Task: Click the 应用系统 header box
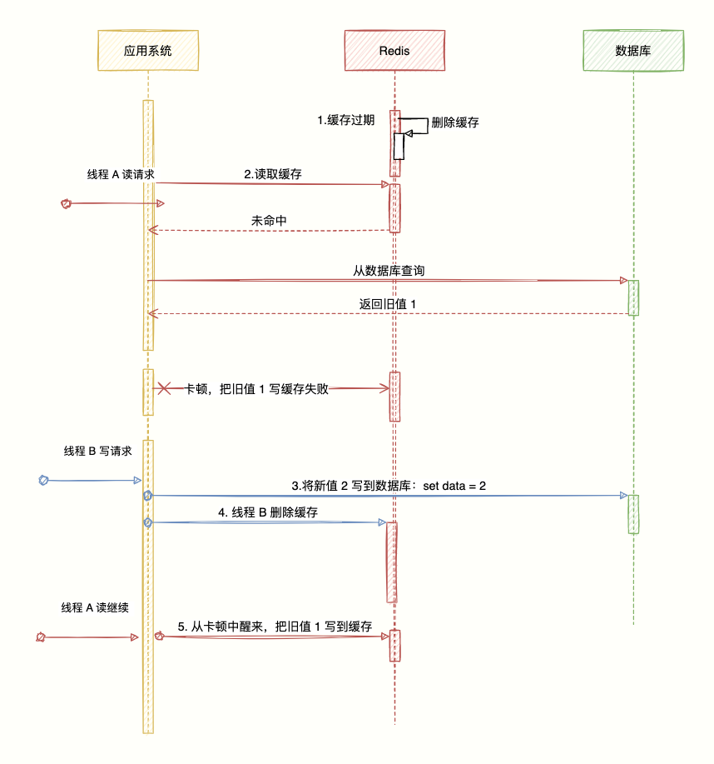[x=148, y=50]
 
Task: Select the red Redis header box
[x=394, y=50]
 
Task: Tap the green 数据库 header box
[x=633, y=50]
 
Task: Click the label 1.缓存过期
[x=346, y=120]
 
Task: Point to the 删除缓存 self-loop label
[x=455, y=122]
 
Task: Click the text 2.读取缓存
[x=273, y=174]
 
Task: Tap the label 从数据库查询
[x=390, y=271]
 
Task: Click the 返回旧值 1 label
[x=387, y=304]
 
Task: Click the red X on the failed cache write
[x=165, y=388]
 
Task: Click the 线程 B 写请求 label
[x=98, y=451]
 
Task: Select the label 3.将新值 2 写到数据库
[x=388, y=486]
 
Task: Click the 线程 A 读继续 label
[x=95, y=607]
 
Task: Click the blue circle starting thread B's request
[x=44, y=480]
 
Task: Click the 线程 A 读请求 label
[x=122, y=174]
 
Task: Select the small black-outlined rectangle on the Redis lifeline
[x=399, y=146]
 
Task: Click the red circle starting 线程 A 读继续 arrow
[x=40, y=637]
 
